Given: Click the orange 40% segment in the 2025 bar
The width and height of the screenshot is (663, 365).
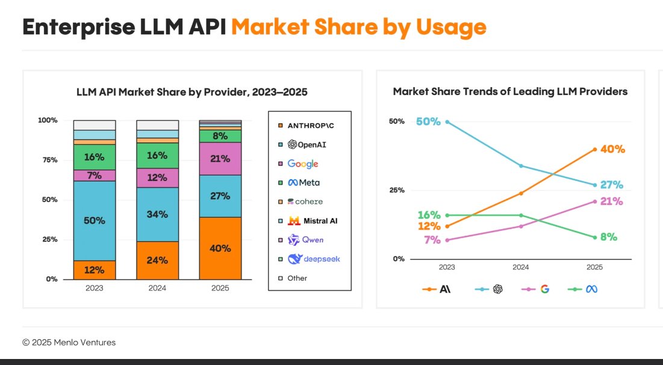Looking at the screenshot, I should click(220, 248).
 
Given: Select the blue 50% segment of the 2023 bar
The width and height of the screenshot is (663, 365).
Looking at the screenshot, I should click(95, 220).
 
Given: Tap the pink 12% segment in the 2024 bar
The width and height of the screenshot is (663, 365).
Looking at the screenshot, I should click(158, 178).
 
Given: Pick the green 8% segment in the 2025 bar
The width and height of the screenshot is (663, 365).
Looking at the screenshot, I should click(220, 136).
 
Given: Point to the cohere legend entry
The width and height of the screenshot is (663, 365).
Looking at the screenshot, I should click(305, 201).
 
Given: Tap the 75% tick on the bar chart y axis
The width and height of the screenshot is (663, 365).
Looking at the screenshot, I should click(48, 160).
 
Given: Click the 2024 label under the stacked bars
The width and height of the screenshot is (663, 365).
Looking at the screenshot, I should click(158, 288).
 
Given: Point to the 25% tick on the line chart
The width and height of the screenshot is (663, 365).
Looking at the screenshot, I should click(397, 190).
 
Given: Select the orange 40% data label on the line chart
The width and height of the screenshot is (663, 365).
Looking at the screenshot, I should click(612, 149).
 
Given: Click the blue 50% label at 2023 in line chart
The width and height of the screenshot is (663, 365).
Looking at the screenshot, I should click(428, 122).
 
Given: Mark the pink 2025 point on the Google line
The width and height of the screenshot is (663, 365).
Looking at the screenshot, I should click(594, 201).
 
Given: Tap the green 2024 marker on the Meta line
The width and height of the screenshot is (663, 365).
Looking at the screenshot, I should click(521, 215).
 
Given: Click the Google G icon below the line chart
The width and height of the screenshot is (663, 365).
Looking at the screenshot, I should click(544, 289).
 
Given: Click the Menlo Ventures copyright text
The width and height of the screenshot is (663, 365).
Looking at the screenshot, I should click(69, 342).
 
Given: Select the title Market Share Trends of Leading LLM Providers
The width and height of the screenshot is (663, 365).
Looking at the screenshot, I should click(510, 91).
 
